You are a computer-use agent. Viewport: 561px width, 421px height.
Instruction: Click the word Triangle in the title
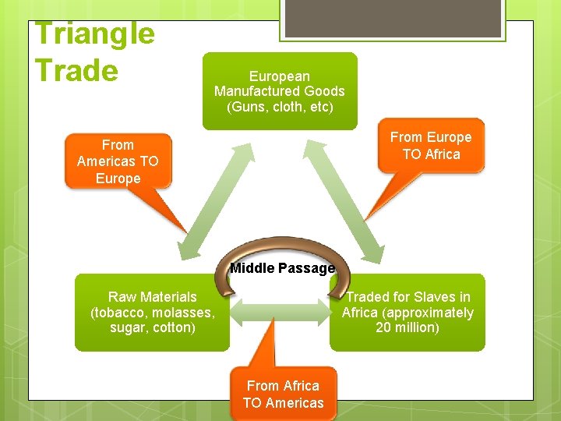click(95, 34)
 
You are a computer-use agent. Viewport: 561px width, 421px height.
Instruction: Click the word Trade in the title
click(76, 70)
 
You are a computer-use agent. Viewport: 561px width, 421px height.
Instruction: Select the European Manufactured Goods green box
click(280, 91)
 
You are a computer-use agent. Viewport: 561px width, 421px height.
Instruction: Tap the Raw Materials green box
click(152, 312)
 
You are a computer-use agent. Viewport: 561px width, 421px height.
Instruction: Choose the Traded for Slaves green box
click(408, 312)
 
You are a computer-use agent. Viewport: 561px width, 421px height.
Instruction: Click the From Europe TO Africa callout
click(431, 145)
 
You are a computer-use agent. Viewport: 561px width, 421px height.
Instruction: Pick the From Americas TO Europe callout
click(118, 161)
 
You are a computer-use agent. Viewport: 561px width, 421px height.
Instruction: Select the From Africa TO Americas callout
click(283, 394)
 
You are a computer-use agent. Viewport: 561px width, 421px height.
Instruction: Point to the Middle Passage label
click(282, 268)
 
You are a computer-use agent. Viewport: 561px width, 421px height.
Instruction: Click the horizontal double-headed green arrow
click(282, 311)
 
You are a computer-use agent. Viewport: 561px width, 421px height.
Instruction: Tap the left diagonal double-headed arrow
click(212, 199)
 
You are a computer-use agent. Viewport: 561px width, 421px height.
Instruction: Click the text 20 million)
click(408, 327)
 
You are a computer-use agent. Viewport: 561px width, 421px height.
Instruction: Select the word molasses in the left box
click(184, 312)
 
